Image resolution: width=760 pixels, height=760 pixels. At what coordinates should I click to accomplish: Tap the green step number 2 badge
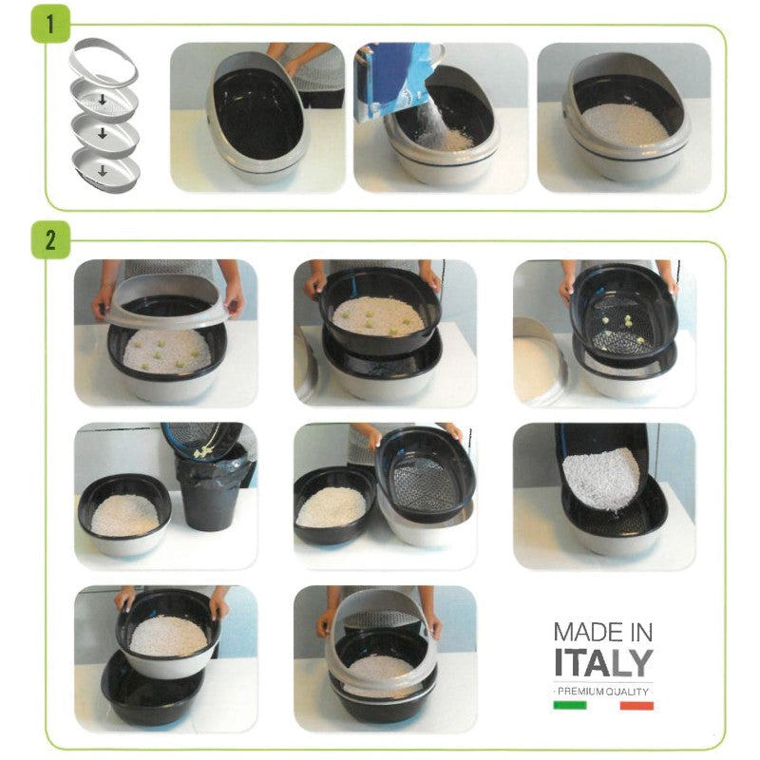click(x=50, y=240)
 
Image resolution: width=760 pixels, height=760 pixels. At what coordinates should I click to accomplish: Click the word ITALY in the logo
click(x=603, y=662)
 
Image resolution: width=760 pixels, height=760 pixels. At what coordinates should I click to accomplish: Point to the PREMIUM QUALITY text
click(x=603, y=692)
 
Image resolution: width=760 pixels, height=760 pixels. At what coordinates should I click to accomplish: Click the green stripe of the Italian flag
click(x=570, y=705)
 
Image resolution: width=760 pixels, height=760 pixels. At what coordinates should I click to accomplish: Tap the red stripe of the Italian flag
click(x=636, y=706)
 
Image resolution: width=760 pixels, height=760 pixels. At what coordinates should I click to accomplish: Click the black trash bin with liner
click(x=212, y=493)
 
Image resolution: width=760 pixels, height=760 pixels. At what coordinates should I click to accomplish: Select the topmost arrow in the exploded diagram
click(x=103, y=100)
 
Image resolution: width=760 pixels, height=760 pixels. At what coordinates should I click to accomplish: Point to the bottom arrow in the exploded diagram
click(x=103, y=170)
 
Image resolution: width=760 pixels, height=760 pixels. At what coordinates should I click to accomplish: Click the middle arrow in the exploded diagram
click(x=103, y=133)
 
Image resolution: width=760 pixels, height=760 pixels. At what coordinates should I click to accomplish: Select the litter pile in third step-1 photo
click(x=625, y=124)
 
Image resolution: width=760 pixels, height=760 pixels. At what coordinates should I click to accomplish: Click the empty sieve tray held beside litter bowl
click(x=425, y=472)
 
